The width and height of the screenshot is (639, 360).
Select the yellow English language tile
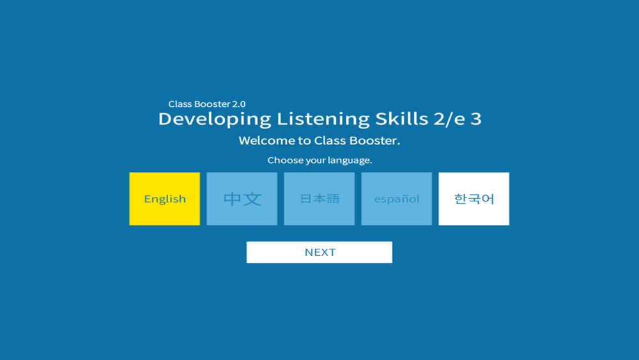(x=165, y=199)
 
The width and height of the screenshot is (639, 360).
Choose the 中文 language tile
(x=242, y=199)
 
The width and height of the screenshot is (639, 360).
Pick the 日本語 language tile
(x=319, y=199)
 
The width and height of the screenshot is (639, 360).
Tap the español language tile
(x=397, y=199)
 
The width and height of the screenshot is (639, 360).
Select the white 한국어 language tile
(x=474, y=199)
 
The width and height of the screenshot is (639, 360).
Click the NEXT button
(x=319, y=252)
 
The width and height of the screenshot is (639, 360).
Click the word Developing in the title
(x=215, y=120)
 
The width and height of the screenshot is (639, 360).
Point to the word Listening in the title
(x=323, y=120)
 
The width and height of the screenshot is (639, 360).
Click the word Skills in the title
(x=402, y=119)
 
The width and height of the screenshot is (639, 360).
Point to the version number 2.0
(x=239, y=104)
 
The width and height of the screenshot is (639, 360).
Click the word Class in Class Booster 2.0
(x=180, y=104)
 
